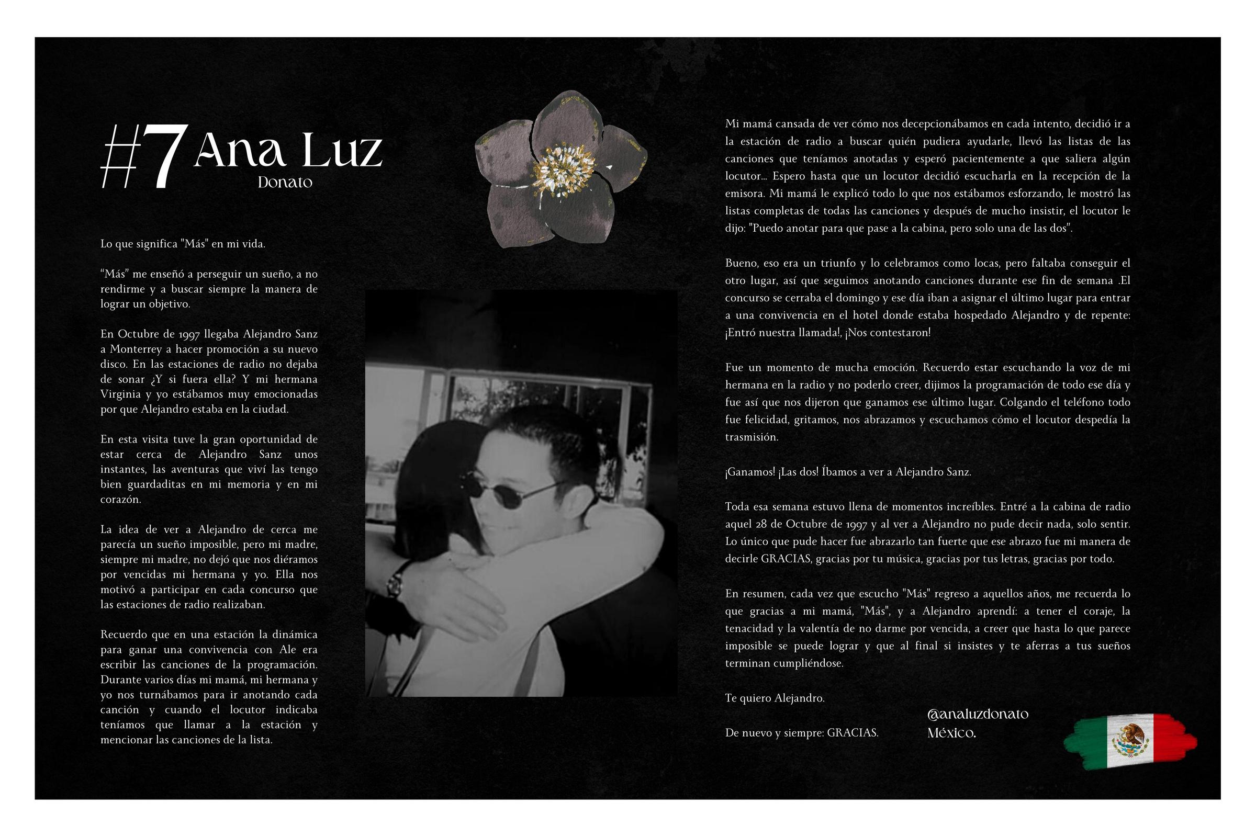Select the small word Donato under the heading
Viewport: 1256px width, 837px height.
pyautogui.click(x=285, y=183)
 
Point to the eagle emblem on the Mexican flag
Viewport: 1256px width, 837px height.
pyautogui.click(x=1130, y=740)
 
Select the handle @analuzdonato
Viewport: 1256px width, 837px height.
pyautogui.click(x=978, y=714)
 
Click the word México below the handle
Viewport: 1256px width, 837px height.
pyautogui.click(x=951, y=733)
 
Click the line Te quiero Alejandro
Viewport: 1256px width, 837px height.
pyautogui.click(x=775, y=698)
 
